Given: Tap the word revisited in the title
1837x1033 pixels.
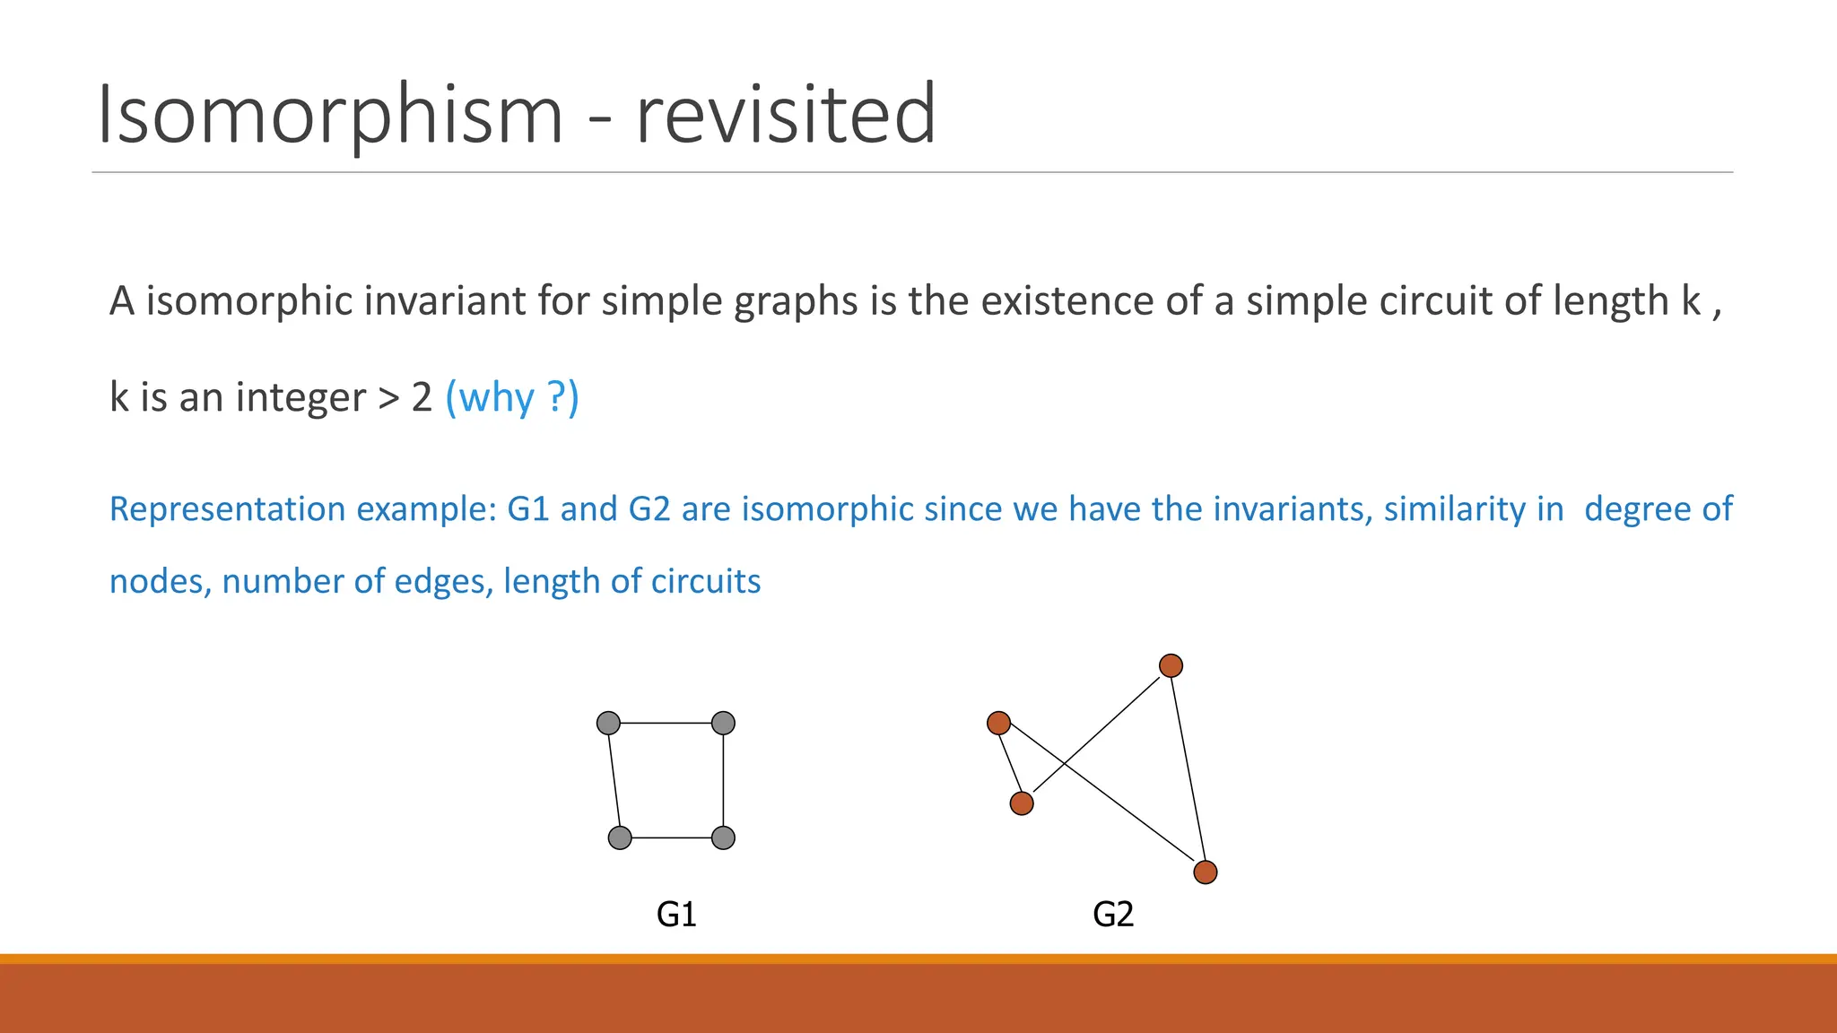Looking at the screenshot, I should (786, 114).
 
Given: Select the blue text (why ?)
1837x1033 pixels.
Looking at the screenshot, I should (512, 396).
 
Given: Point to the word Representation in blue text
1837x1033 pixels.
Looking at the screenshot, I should (227, 509).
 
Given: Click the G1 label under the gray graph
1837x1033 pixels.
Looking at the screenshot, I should (676, 914).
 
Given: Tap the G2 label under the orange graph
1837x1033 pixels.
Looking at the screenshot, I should (1113, 914).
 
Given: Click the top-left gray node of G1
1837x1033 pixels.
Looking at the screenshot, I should (608, 723).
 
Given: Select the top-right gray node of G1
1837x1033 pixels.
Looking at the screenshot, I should (723, 723).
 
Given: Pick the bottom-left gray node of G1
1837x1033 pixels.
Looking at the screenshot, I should (620, 838).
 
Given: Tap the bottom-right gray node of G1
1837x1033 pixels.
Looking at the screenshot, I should (723, 838).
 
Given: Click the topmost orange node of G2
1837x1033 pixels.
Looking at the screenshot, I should (1171, 665).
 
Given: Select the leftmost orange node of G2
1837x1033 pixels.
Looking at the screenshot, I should (998, 723).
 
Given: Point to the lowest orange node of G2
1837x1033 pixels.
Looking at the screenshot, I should (1206, 872).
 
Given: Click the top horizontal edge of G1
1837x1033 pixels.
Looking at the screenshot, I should (666, 723).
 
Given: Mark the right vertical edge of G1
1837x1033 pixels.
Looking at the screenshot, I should (723, 780).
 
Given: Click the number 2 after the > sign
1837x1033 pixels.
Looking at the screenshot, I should (422, 396).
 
